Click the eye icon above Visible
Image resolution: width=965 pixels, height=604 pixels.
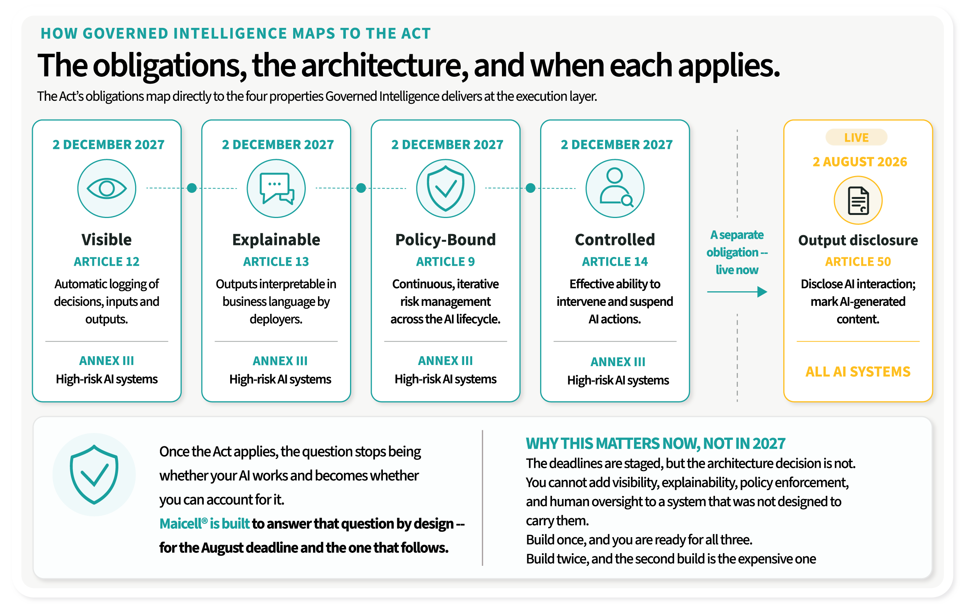(x=107, y=188)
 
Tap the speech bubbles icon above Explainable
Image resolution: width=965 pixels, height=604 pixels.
(x=276, y=188)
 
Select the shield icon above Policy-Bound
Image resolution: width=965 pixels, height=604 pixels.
(x=445, y=188)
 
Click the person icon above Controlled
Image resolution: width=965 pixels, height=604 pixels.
(x=615, y=188)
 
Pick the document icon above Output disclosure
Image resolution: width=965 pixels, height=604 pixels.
(x=858, y=200)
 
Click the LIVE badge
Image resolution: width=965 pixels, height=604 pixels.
(x=856, y=137)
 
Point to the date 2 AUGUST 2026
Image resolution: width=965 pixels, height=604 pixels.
(x=860, y=162)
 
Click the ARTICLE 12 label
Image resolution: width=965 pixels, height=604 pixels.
(x=107, y=261)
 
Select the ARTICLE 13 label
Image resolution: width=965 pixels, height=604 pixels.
(x=276, y=261)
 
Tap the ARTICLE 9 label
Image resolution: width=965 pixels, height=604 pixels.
(x=445, y=261)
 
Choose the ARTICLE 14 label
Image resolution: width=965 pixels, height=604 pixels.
(x=615, y=261)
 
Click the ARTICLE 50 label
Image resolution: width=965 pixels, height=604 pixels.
(x=858, y=261)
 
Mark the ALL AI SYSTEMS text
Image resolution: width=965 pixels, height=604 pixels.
(x=858, y=371)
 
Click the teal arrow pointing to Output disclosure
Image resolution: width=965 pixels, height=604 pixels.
(x=737, y=292)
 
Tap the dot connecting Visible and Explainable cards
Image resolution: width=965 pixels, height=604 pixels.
(x=192, y=188)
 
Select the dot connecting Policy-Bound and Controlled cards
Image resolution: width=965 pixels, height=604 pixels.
(x=531, y=188)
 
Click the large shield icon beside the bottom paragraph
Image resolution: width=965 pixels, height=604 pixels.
(x=94, y=474)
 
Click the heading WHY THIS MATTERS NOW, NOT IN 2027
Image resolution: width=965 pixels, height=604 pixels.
(x=655, y=443)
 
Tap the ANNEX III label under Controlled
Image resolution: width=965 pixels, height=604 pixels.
(x=618, y=362)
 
